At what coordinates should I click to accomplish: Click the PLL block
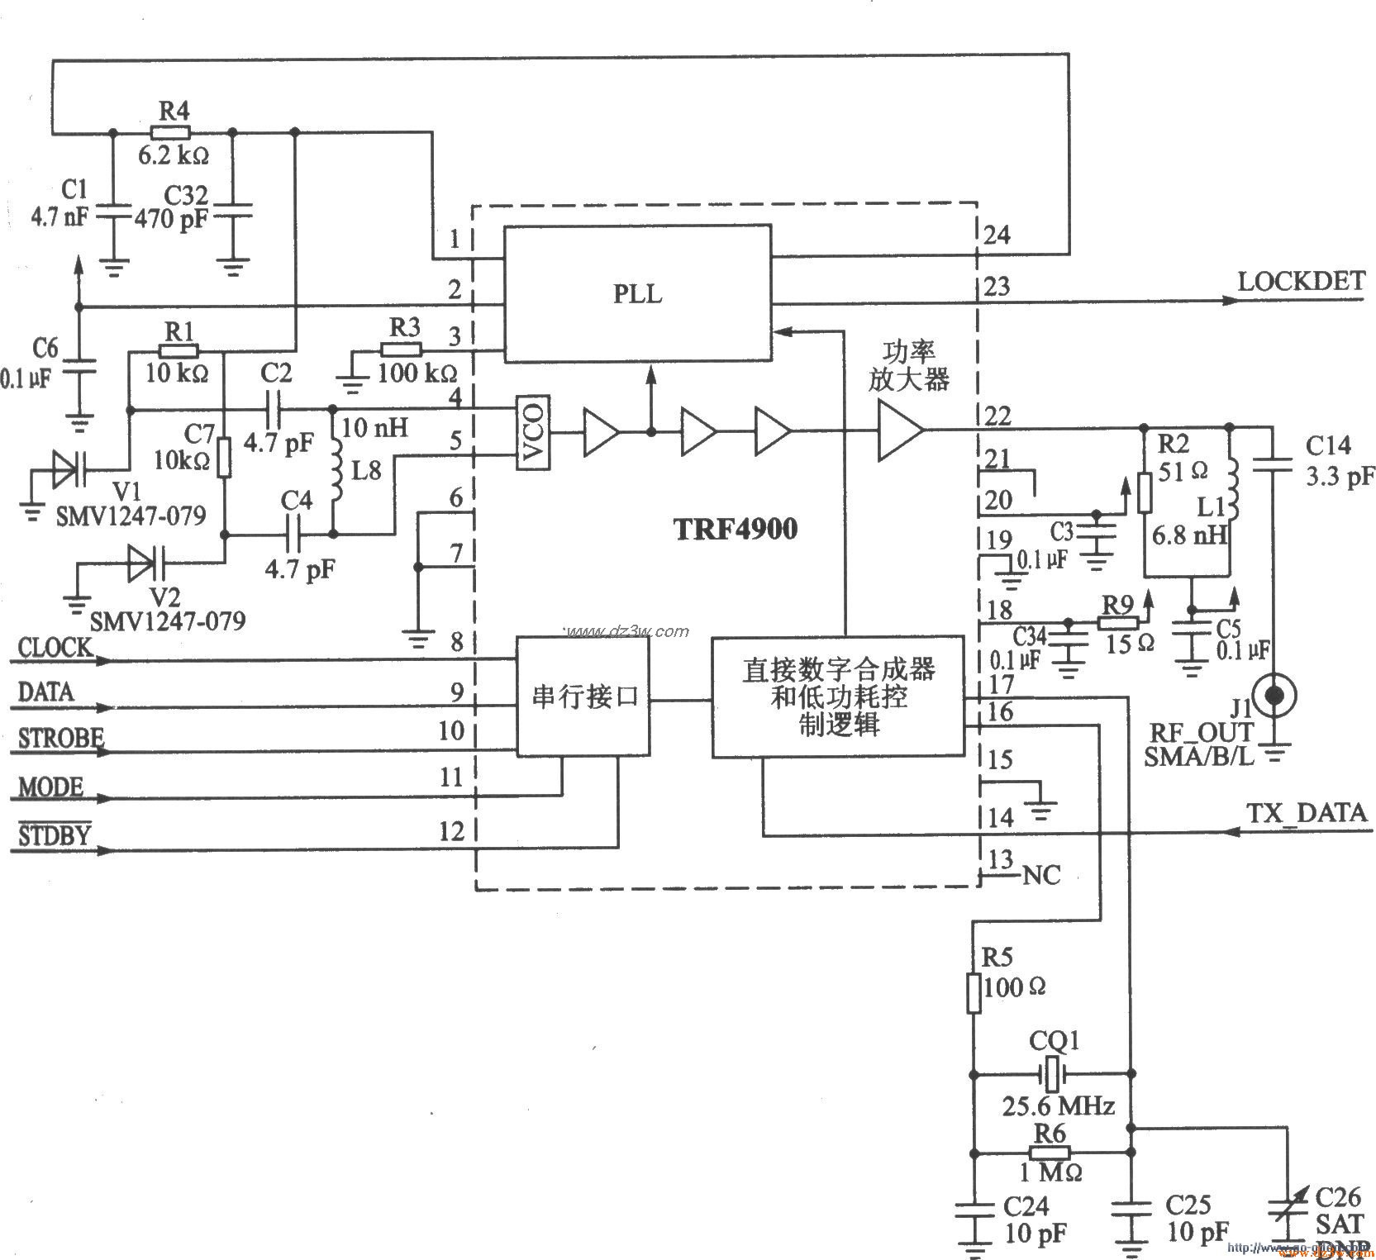(637, 293)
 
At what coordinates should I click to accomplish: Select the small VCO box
(533, 434)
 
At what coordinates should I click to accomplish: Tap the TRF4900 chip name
(736, 529)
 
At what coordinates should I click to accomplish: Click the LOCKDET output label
(1301, 282)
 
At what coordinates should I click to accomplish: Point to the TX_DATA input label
(1306, 813)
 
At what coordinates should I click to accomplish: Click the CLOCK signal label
(55, 648)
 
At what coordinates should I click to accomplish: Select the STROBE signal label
(60, 738)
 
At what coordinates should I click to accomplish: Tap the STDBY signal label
(54, 835)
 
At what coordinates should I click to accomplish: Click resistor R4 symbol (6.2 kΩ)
(171, 132)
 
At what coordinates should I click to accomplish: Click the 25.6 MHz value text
(1058, 1106)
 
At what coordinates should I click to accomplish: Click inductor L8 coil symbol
(336, 471)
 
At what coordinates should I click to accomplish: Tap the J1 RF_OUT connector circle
(1275, 695)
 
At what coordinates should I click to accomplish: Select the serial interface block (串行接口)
(583, 697)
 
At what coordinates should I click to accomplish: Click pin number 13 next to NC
(1000, 860)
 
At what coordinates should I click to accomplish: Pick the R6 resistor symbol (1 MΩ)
(1050, 1153)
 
